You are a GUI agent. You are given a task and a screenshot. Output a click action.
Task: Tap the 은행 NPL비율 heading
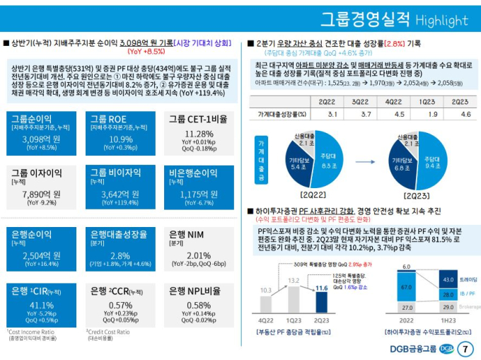[x=195, y=291]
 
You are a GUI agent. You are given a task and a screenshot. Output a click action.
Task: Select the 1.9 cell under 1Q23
[x=432, y=114]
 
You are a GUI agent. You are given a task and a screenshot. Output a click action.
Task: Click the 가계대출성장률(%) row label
[x=282, y=114]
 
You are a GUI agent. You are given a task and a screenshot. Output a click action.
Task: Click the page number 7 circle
[x=465, y=348]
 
